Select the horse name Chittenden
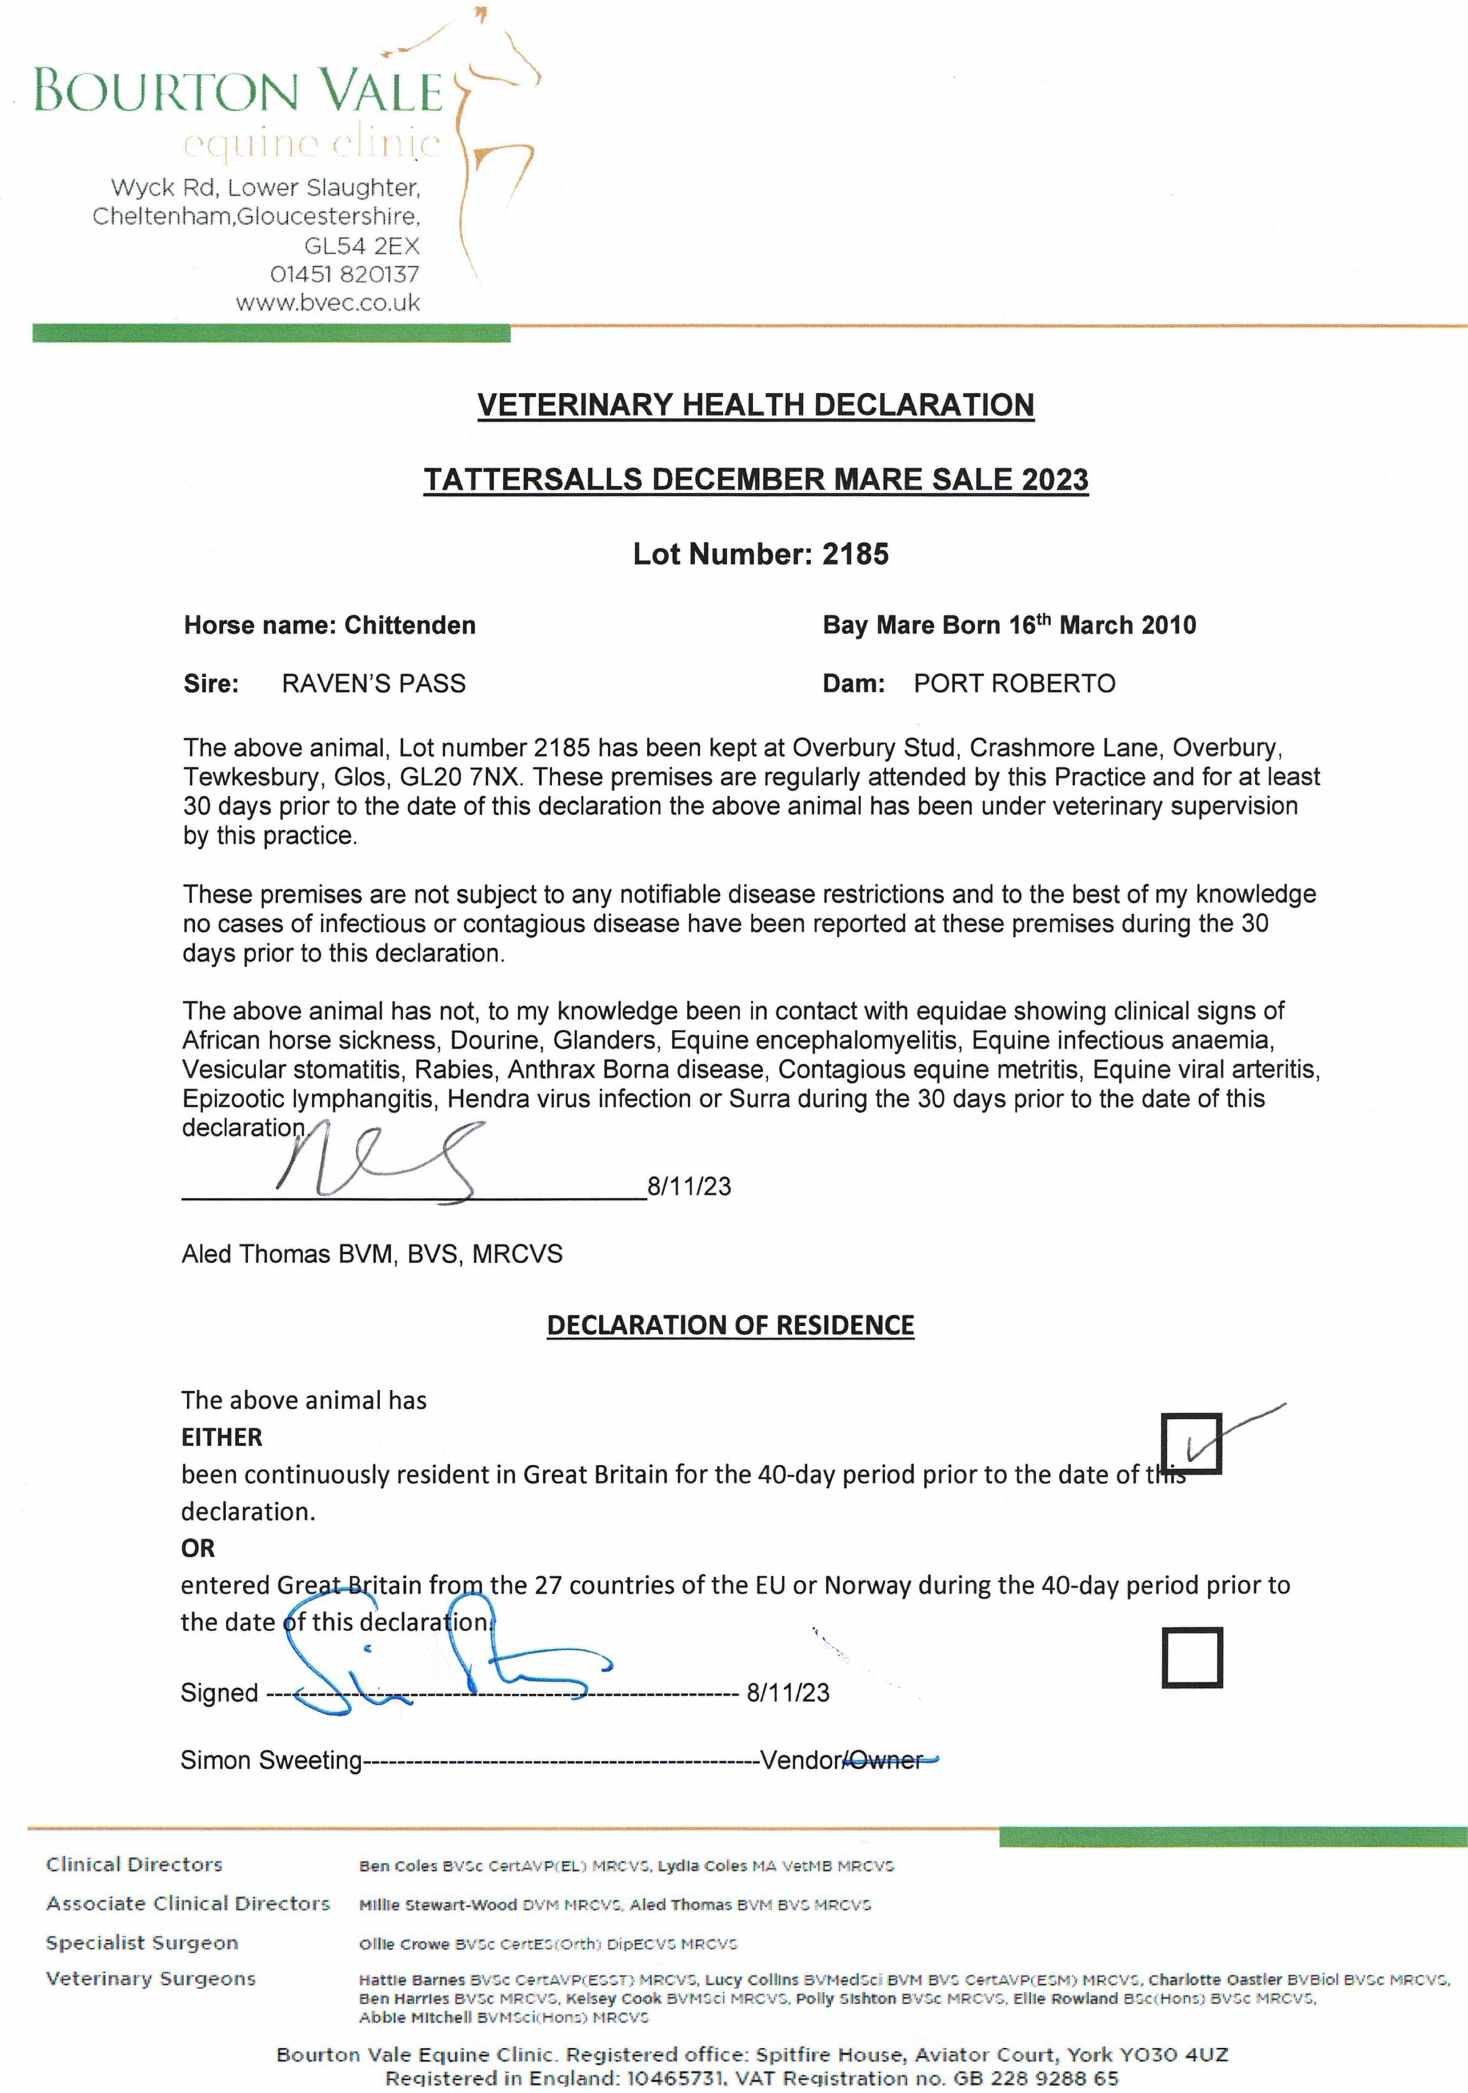point(409,625)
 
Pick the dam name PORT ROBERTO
point(1014,684)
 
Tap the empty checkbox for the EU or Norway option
point(1191,1657)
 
